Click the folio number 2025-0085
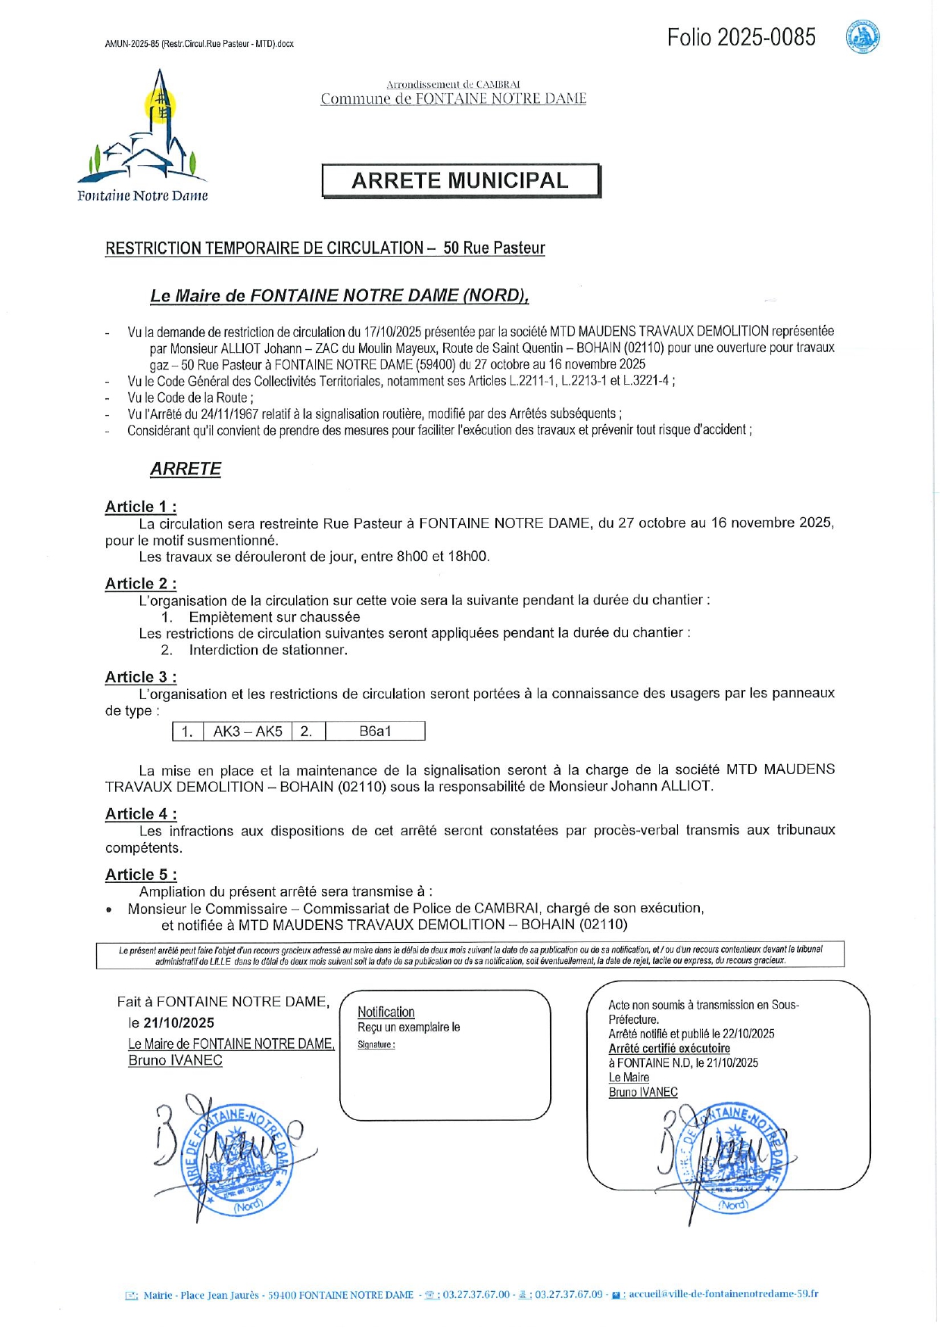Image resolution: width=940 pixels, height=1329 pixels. coord(741,37)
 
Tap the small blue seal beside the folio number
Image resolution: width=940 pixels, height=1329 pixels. coord(862,37)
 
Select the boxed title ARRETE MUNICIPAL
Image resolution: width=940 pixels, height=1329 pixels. coord(460,181)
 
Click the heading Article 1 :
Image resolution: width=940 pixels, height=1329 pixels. coord(141,507)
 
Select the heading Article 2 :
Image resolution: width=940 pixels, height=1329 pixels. coord(141,584)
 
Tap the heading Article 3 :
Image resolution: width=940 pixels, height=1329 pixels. coord(141,677)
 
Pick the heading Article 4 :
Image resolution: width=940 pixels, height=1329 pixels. coord(141,814)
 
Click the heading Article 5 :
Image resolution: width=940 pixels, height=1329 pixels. coord(141,875)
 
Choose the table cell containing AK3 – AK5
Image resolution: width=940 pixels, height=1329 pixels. coord(248,732)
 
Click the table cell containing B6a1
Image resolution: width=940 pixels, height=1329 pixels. coord(375,732)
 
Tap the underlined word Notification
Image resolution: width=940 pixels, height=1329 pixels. coord(386,1012)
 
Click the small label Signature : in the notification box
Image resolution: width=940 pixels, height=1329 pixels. coord(376,1045)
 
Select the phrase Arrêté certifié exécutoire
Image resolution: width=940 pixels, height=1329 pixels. coord(670,1049)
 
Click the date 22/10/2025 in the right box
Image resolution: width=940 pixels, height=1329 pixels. coord(748,1034)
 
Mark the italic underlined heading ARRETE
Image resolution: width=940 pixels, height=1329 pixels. coord(186,469)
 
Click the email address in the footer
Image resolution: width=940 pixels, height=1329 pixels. coord(723,1294)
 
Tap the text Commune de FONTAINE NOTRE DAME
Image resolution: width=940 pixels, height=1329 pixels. coord(453,98)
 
